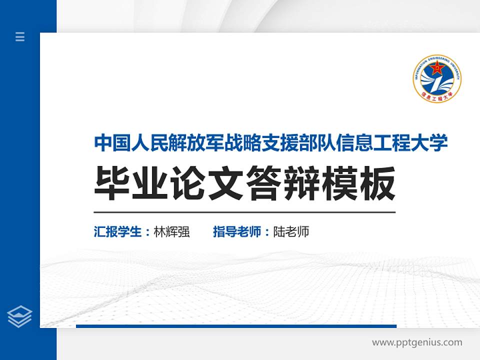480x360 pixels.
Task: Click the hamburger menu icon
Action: coord(20,36)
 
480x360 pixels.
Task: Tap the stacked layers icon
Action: coord(20,316)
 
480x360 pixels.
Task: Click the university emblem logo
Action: coord(437,79)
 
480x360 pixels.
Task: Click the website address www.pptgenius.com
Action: coord(417,342)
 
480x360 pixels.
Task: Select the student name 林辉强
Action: coord(172,232)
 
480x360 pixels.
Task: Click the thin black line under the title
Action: coord(244,212)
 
